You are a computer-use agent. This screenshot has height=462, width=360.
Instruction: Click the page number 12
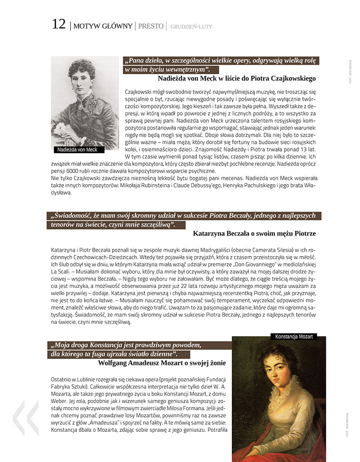[x=58, y=24]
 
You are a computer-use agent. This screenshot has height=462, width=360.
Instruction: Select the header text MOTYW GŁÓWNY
[x=103, y=26]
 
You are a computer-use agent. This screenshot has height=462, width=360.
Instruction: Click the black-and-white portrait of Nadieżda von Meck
[x=85, y=101]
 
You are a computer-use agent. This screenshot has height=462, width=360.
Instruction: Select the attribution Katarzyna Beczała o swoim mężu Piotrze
[x=254, y=233]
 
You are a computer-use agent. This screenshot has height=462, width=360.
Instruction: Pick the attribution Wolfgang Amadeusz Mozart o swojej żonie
[x=162, y=363]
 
